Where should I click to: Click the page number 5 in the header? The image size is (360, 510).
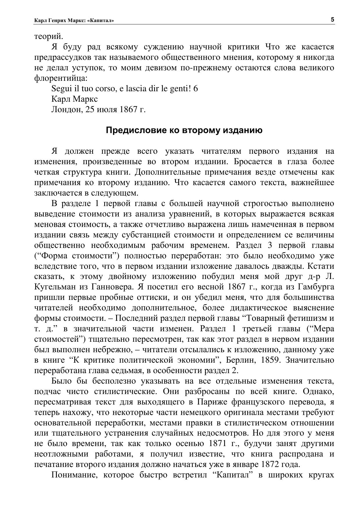(332, 20)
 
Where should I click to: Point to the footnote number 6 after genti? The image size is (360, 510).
(195, 88)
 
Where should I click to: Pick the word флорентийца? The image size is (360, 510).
(60, 78)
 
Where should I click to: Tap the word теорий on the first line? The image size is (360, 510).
(48, 37)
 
